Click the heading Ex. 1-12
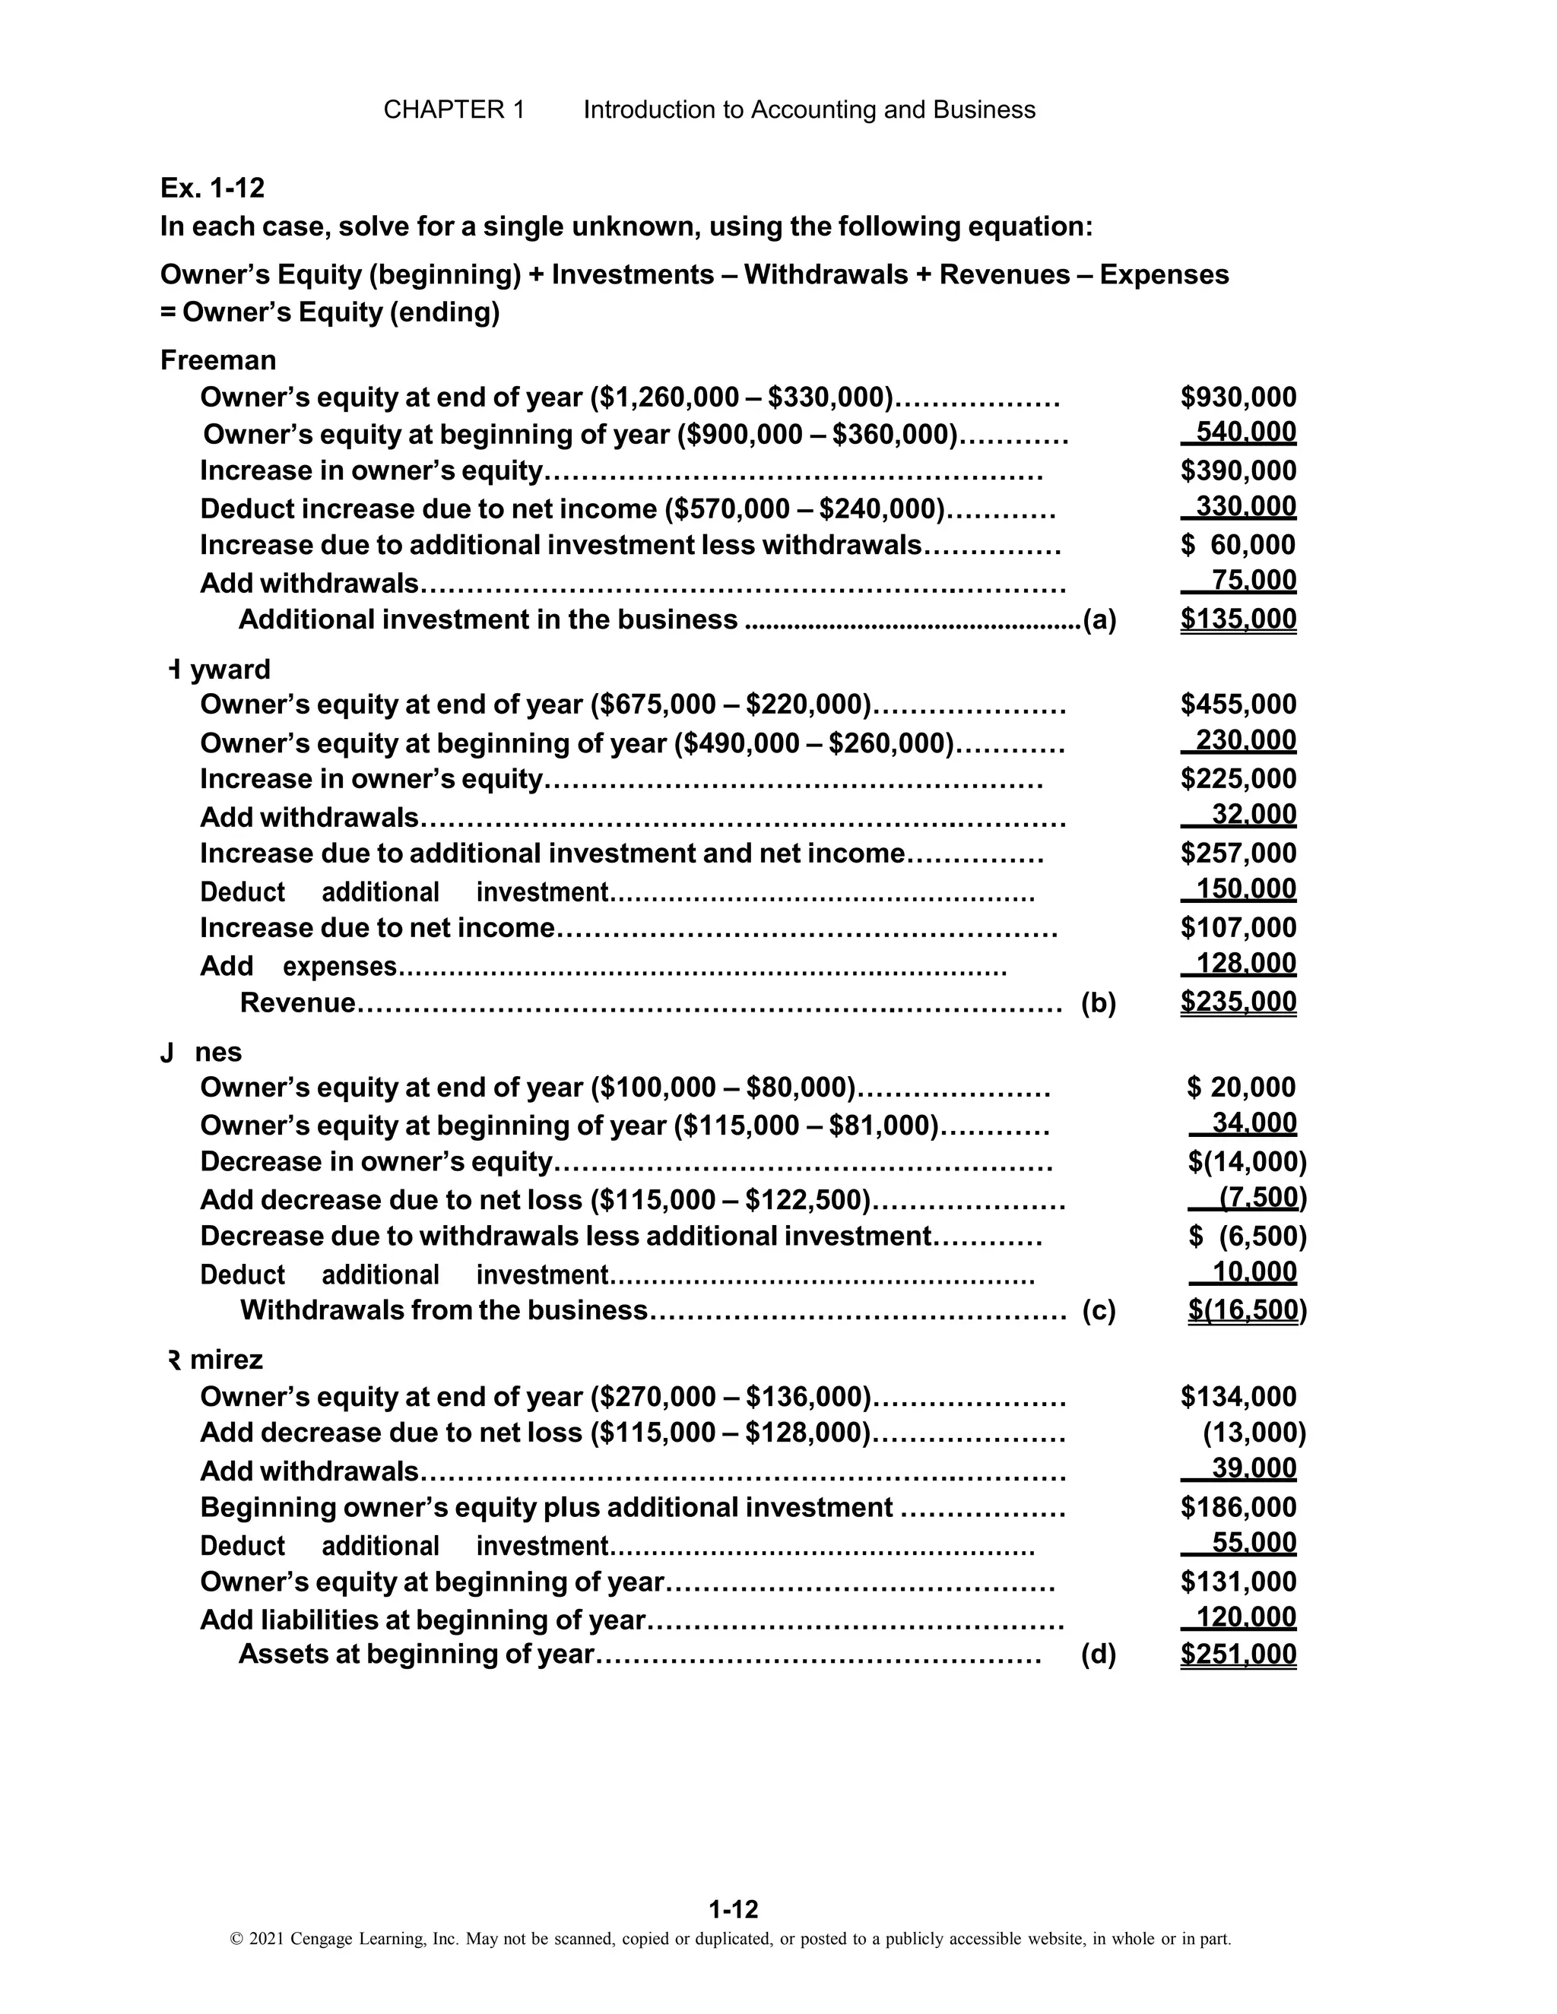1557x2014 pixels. pyautogui.click(x=212, y=188)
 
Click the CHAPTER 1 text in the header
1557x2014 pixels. pyautogui.click(x=454, y=109)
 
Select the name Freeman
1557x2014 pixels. pyautogui.click(x=217, y=359)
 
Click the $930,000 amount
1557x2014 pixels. pyautogui.click(x=1238, y=397)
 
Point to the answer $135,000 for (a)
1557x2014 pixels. pyautogui.click(x=1238, y=619)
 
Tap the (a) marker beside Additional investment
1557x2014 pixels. pyautogui.click(x=1099, y=619)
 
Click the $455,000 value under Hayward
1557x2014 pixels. pyautogui.click(x=1238, y=705)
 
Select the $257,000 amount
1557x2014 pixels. pyautogui.click(x=1238, y=853)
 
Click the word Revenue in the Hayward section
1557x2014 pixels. pyautogui.click(x=297, y=1002)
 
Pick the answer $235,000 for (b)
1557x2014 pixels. pyautogui.click(x=1238, y=1002)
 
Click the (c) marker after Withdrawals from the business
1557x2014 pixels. pyautogui.click(x=1099, y=1310)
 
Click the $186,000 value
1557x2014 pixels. pyautogui.click(x=1238, y=1507)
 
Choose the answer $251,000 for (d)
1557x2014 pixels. pyautogui.click(x=1238, y=1655)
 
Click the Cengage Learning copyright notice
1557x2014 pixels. pyautogui.click(x=730, y=1939)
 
